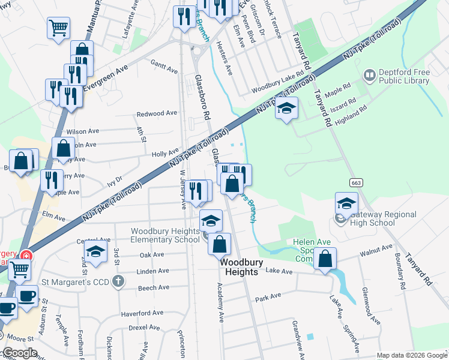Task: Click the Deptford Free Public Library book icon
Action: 370,76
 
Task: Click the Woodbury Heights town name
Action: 238,267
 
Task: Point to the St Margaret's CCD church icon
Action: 119,281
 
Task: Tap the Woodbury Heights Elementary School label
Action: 165,235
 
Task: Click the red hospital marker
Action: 25,255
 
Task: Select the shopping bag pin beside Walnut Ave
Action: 325,259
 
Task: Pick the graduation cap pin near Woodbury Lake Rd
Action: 287,109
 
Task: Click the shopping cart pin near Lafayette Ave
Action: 58,28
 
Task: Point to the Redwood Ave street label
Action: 157,113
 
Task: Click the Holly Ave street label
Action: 166,154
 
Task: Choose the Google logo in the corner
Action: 20,353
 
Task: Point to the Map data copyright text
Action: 412,355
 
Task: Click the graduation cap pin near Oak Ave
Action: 95,253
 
